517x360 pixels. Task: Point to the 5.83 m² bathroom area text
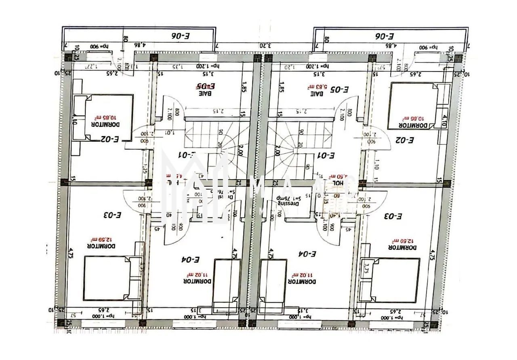314,86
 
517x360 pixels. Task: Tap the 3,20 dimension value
265,46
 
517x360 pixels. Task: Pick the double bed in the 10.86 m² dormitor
412,106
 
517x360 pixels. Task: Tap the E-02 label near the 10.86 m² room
405,140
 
